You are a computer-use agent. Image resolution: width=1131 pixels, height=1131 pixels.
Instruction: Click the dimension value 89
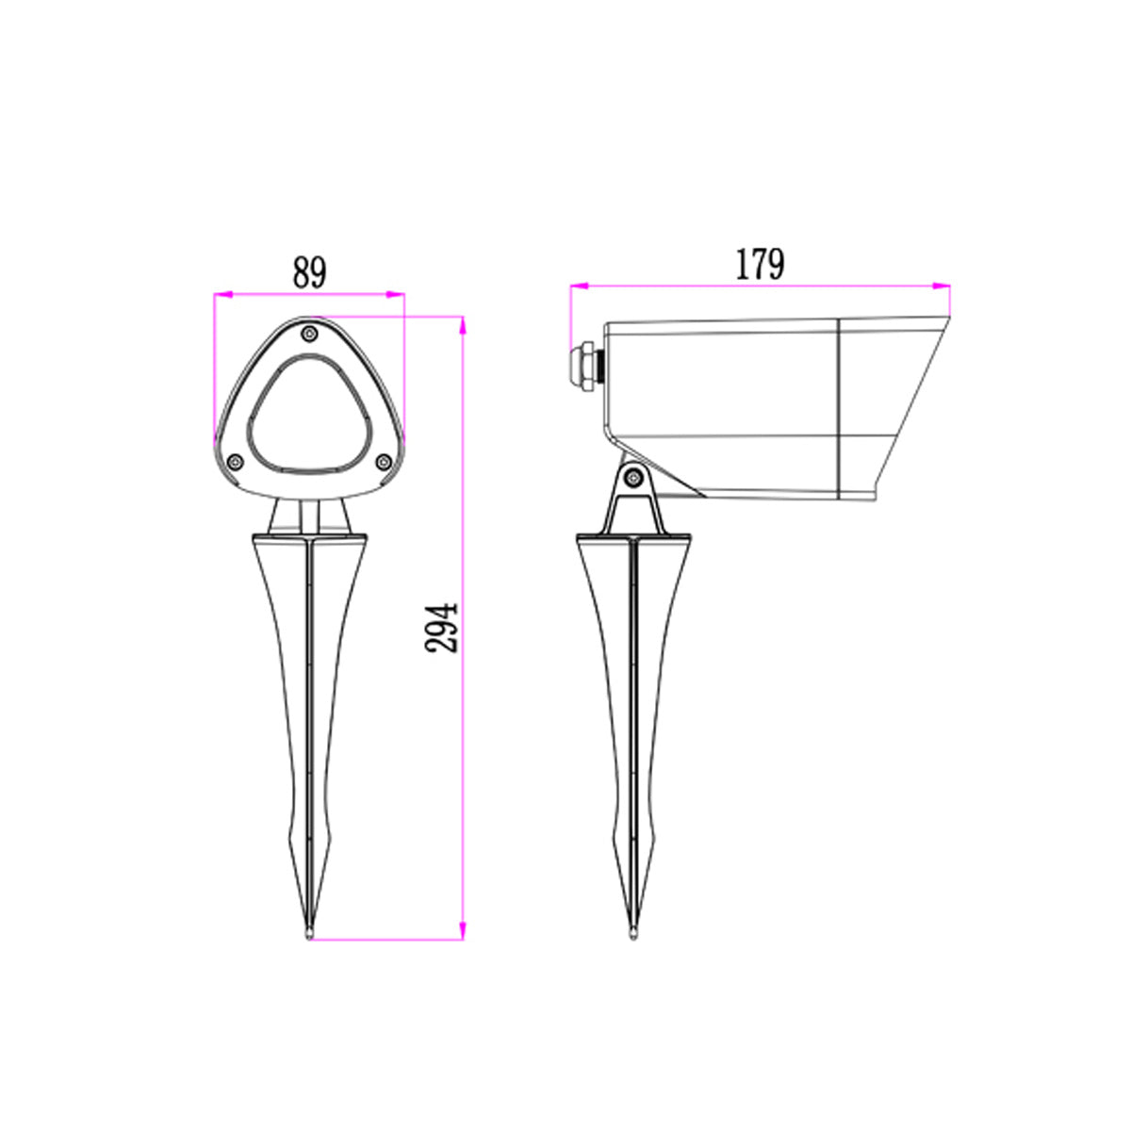click(309, 272)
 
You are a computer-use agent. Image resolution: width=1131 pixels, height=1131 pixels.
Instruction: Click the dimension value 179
click(759, 265)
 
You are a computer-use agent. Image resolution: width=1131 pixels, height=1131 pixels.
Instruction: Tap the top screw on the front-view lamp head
click(309, 333)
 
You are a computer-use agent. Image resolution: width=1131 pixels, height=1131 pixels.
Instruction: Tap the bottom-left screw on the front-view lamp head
click(236, 461)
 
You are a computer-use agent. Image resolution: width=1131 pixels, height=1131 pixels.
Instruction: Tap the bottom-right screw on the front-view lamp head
click(383, 461)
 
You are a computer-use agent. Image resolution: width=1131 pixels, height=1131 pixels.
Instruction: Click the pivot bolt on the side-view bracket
click(635, 478)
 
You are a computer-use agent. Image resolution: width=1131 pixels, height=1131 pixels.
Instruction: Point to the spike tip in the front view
click(309, 933)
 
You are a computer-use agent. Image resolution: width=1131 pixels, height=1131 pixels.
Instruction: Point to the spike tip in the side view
click(634, 933)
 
